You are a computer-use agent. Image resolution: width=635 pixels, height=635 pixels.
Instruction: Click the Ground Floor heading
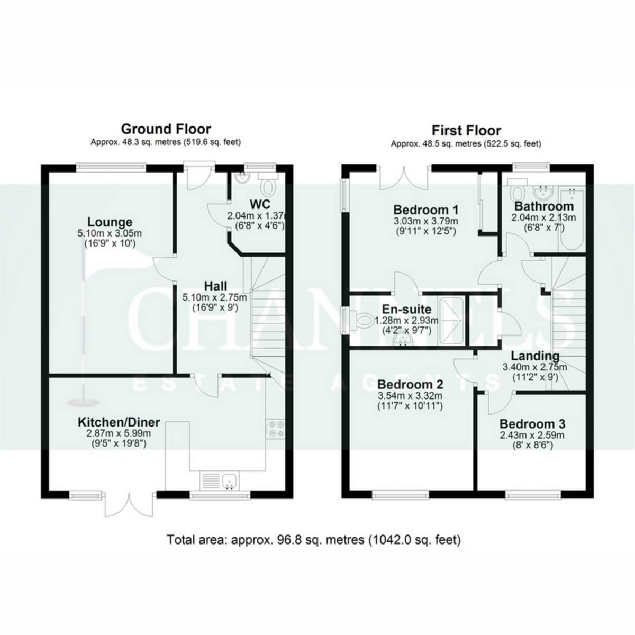point(166,129)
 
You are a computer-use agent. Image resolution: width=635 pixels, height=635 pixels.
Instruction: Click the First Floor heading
point(466,131)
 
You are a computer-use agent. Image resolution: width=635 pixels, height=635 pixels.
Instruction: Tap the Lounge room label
point(110,222)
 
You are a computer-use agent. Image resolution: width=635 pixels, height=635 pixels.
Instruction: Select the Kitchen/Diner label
point(119,422)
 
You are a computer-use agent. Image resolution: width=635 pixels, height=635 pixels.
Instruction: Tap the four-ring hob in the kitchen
point(275,429)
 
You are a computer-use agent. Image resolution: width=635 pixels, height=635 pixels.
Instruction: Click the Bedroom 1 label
point(426,210)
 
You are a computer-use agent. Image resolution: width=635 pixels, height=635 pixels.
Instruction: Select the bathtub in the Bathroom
point(571,219)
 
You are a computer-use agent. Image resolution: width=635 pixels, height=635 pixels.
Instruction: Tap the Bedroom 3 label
point(532,423)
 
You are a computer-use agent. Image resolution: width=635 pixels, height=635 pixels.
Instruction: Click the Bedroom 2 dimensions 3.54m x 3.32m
point(410,395)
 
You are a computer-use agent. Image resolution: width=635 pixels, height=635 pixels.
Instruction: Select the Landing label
point(535,356)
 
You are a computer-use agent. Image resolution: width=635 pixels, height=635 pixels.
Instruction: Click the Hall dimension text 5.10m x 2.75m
point(214,297)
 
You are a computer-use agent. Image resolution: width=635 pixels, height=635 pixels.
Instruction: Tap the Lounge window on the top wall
point(111,167)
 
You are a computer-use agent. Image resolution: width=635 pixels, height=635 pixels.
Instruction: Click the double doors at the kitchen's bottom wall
point(130,505)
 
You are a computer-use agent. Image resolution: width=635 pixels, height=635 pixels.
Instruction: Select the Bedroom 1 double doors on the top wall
point(404,178)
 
